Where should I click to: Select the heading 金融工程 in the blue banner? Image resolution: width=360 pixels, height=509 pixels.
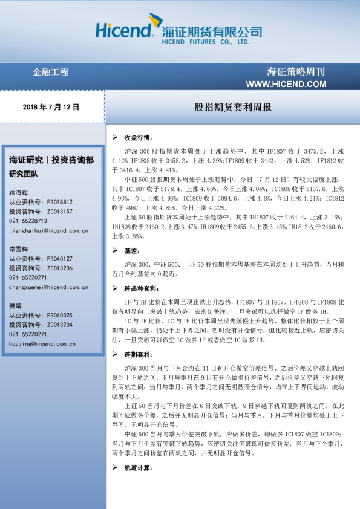click(50, 72)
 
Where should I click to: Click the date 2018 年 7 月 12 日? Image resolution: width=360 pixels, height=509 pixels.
click(51, 106)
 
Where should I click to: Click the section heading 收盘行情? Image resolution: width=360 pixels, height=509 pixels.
click(139, 137)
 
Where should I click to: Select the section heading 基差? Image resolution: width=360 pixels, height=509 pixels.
click(131, 250)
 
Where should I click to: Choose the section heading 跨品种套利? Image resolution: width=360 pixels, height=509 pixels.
click(140, 289)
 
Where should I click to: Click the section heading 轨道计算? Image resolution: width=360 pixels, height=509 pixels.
click(137, 468)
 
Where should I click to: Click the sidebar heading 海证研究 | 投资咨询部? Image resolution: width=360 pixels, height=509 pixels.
click(51, 160)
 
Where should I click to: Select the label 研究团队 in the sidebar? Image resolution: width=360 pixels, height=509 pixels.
click(24, 174)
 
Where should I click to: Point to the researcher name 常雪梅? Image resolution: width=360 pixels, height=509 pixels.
click(19, 248)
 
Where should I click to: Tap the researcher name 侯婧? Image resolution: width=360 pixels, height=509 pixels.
click(16, 306)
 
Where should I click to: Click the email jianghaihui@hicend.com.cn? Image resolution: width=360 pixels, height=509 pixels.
click(48, 230)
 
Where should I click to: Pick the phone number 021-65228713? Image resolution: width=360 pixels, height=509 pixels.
click(28, 221)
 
